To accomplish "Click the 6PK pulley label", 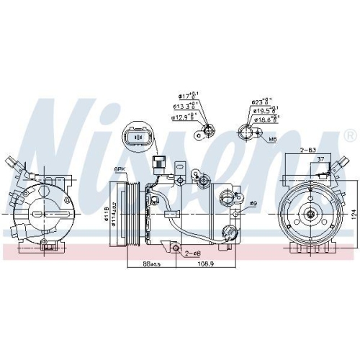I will point(119,169).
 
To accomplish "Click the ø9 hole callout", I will point(253,203).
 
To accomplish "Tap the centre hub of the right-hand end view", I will point(309,212).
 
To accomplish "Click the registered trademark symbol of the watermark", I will point(351,135).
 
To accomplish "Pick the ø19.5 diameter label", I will point(264,112).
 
